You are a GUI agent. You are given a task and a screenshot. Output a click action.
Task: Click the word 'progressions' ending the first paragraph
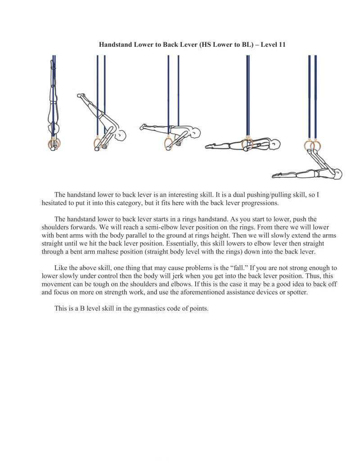(259, 203)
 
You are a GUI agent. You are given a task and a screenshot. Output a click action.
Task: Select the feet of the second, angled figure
(81, 95)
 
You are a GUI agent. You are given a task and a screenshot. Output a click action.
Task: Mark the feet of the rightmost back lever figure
(275, 175)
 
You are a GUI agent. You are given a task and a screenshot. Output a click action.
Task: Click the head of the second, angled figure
(120, 135)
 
